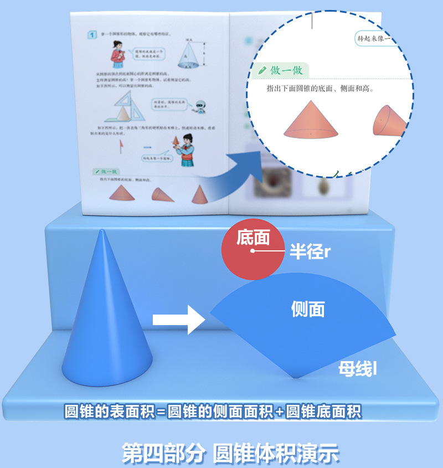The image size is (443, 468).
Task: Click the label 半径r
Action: (x=310, y=252)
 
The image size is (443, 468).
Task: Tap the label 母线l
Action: (x=358, y=369)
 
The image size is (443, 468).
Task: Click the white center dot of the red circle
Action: (x=253, y=251)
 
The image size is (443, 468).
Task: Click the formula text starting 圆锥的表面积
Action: (x=213, y=412)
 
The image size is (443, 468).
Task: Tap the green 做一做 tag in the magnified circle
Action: (x=282, y=70)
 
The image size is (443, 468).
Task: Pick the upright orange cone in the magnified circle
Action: (x=311, y=120)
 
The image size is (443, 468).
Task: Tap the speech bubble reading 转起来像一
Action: (x=379, y=39)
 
